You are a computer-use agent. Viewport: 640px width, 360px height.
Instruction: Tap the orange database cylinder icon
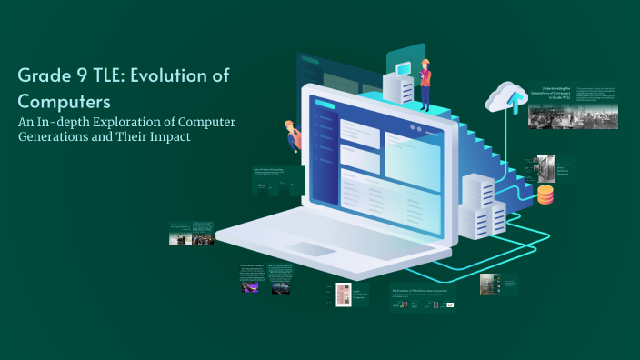(545, 195)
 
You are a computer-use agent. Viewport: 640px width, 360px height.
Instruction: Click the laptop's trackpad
(311, 251)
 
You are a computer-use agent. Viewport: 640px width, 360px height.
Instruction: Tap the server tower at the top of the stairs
(398, 87)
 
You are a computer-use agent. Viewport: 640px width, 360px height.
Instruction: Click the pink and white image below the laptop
(343, 296)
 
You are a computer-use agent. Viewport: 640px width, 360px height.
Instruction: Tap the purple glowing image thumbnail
(249, 286)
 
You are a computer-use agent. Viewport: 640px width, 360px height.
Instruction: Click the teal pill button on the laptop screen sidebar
(324, 105)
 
